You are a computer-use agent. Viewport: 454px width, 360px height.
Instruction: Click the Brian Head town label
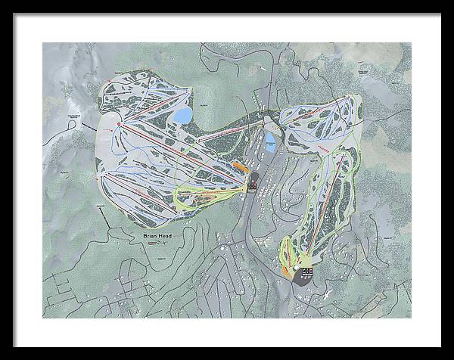[x=158, y=235]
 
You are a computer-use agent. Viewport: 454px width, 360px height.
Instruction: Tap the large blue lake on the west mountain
[x=183, y=116]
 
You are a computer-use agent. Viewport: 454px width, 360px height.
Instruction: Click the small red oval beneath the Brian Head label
[x=156, y=244]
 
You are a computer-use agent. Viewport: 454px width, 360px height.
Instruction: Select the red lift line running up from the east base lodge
[x=317, y=227]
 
